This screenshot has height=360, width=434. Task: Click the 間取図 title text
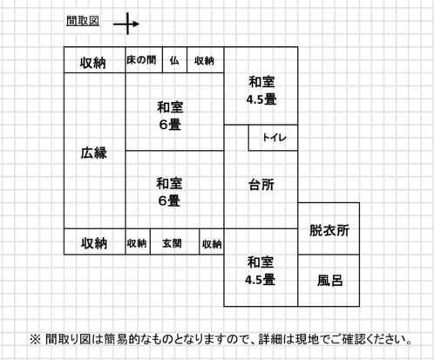pyautogui.click(x=83, y=21)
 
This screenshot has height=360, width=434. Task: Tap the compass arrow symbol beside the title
pyautogui.click(x=126, y=24)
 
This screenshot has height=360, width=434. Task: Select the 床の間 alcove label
pyautogui.click(x=141, y=60)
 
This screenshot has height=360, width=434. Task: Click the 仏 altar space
pyautogui.click(x=174, y=60)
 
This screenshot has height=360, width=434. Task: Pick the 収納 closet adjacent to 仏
pyautogui.click(x=204, y=61)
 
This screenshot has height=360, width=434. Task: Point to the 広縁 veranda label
pyautogui.click(x=93, y=153)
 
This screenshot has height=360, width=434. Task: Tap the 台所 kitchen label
pyautogui.click(x=261, y=185)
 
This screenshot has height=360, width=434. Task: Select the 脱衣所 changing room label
pyautogui.click(x=329, y=230)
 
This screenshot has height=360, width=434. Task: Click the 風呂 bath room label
pyautogui.click(x=329, y=281)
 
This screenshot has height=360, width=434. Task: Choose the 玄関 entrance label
pyautogui.click(x=172, y=243)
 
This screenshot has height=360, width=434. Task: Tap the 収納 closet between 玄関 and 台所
pyautogui.click(x=212, y=244)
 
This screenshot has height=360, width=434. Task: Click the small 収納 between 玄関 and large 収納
pyautogui.click(x=137, y=243)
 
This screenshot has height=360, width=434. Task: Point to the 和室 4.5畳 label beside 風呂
pyautogui.click(x=260, y=271)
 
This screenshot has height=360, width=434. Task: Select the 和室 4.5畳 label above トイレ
pyautogui.click(x=261, y=91)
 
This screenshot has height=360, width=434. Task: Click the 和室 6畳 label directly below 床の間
pyautogui.click(x=170, y=116)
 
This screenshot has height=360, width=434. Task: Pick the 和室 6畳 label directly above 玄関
pyautogui.click(x=169, y=192)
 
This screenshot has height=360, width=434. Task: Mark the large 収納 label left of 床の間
pyautogui.click(x=93, y=63)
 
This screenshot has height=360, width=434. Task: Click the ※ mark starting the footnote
pyautogui.click(x=35, y=339)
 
